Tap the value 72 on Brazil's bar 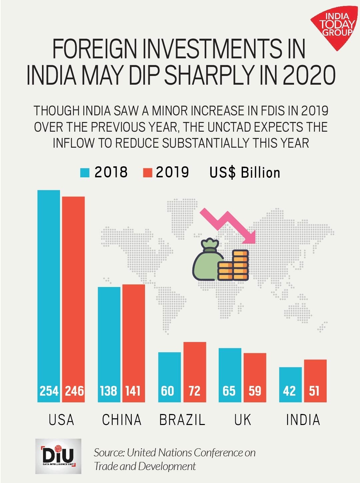[195, 391]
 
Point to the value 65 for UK [229, 391]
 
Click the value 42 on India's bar [289, 391]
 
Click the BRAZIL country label [182, 420]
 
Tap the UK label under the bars [242, 420]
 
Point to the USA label [61, 420]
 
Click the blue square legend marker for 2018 [85, 173]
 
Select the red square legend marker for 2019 [147, 173]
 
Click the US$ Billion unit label [245, 173]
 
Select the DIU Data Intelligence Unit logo [58, 456]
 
